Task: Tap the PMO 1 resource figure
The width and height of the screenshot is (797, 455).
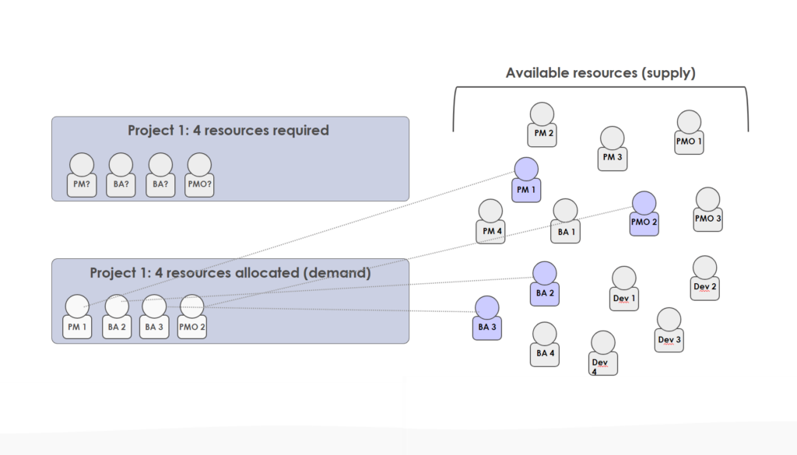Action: (x=689, y=133)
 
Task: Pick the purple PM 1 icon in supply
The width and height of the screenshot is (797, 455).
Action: (x=526, y=180)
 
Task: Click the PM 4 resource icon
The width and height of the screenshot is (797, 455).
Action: (x=490, y=222)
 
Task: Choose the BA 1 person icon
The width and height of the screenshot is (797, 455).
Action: (x=565, y=222)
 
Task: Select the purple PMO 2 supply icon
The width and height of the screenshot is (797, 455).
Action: (x=644, y=214)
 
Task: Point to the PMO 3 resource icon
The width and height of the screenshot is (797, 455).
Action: (x=707, y=210)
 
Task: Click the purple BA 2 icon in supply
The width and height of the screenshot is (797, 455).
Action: (x=544, y=284)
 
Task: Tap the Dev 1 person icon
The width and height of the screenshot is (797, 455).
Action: (x=624, y=289)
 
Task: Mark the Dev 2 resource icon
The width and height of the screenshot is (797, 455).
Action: (x=704, y=278)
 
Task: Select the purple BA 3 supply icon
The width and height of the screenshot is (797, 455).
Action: (x=486, y=318)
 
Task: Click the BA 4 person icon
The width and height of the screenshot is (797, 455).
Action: (x=544, y=345)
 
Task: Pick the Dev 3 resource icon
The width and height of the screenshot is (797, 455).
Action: (x=669, y=331)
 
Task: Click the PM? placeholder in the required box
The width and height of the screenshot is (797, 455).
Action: (x=82, y=176)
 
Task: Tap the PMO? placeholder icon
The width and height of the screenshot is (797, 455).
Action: (x=199, y=176)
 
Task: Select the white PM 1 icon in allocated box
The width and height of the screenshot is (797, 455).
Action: (x=76, y=317)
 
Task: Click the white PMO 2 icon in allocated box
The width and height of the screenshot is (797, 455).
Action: (x=191, y=317)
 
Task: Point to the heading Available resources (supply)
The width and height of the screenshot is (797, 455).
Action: (x=600, y=73)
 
